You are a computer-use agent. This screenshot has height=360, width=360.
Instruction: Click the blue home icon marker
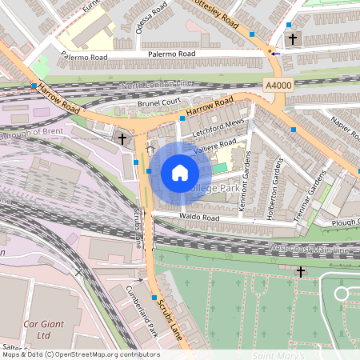point(180,172)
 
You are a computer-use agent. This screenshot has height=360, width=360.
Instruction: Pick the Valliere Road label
point(215,146)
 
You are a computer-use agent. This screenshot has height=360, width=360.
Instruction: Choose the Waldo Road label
point(199,218)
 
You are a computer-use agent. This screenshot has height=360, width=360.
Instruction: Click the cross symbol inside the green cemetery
point(300,272)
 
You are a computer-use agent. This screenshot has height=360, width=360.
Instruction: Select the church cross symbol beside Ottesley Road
point(292,38)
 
